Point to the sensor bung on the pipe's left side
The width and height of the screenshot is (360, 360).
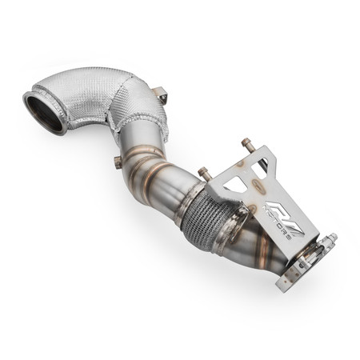point(118,162)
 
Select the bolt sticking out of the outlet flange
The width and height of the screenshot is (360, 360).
point(330,239)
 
